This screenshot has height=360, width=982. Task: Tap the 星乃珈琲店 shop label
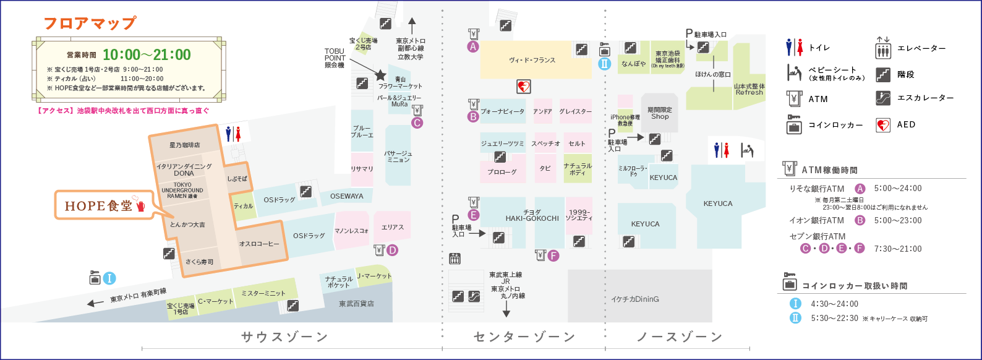[x=185, y=145]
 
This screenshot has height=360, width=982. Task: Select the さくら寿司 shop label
[x=199, y=262]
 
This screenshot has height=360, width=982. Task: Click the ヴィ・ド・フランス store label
[x=532, y=61]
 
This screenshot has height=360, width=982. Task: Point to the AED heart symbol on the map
[x=523, y=87]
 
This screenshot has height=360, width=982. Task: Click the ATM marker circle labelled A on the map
[x=473, y=46]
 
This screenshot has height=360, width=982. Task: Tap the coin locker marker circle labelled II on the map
[x=605, y=63]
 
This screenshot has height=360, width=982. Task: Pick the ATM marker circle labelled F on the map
[x=553, y=255]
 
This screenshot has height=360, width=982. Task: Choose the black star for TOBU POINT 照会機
[x=381, y=75]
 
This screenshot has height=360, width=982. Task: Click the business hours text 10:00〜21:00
[x=147, y=55]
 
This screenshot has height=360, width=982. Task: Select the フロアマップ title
[x=90, y=24]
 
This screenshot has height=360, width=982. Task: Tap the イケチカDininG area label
[x=635, y=299]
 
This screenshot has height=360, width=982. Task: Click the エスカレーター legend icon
[x=882, y=98]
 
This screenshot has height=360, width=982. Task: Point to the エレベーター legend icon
[x=882, y=48]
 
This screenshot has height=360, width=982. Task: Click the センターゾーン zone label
[x=524, y=337]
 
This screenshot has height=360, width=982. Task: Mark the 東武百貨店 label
[x=356, y=304]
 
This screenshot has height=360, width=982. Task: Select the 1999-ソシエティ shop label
[x=579, y=215]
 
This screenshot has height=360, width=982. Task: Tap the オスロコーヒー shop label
[x=259, y=244]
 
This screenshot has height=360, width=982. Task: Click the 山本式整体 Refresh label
[x=749, y=89]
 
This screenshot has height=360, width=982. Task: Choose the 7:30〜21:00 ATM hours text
[x=898, y=249]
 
